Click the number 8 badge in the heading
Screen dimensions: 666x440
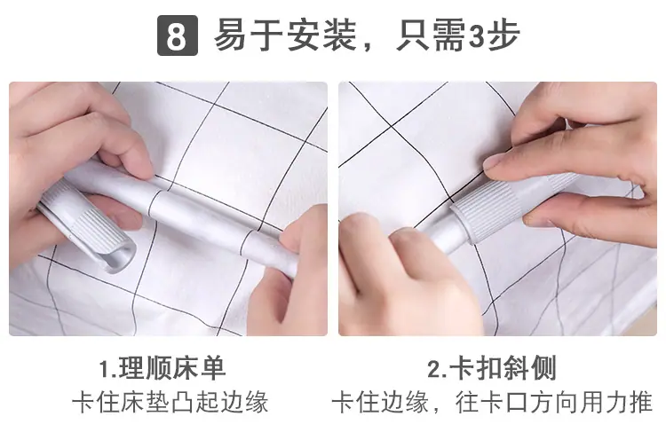(177, 35)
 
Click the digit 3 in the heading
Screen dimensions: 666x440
(477, 35)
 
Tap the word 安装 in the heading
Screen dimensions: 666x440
(321, 35)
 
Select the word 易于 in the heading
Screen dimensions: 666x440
(248, 35)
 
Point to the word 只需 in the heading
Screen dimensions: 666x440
(431, 35)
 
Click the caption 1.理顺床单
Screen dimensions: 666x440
(162, 368)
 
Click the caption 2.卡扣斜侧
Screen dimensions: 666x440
(492, 368)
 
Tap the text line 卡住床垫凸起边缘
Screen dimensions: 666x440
(170, 401)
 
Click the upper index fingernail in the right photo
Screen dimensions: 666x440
(496, 161)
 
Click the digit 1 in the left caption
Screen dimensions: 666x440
(104, 369)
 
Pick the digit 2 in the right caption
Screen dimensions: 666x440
(434, 369)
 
